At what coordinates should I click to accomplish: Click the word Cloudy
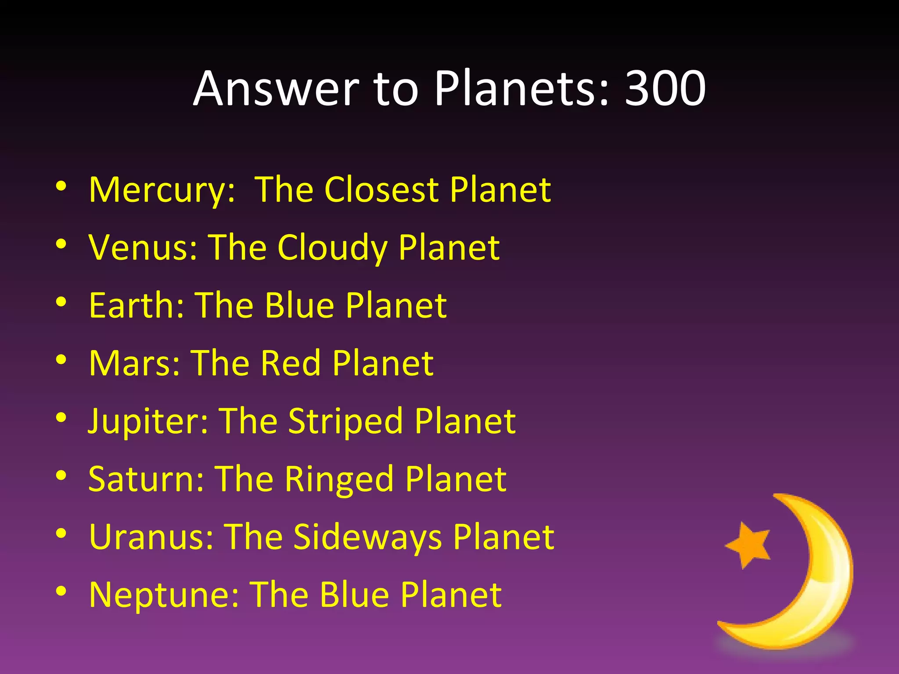(332, 248)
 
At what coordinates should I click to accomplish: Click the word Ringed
(339, 480)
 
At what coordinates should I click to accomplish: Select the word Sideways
(368, 538)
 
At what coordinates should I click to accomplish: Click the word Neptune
(164, 595)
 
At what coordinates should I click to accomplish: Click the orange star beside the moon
(749, 545)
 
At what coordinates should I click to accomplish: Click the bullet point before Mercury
(61, 186)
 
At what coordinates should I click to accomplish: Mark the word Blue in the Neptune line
(355, 595)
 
